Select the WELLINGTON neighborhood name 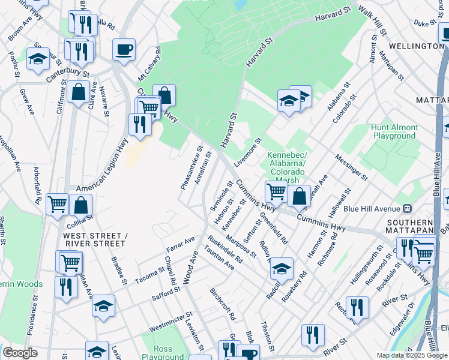[x=416, y=46]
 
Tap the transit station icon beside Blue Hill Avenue [x=408, y=208]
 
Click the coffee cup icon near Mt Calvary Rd [x=124, y=50]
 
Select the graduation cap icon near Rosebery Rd [x=281, y=269]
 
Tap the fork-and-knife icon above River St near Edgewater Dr [x=357, y=307]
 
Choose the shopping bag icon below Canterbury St [x=78, y=92]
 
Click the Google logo [x=20, y=353]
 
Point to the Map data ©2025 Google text [x=412, y=355]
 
